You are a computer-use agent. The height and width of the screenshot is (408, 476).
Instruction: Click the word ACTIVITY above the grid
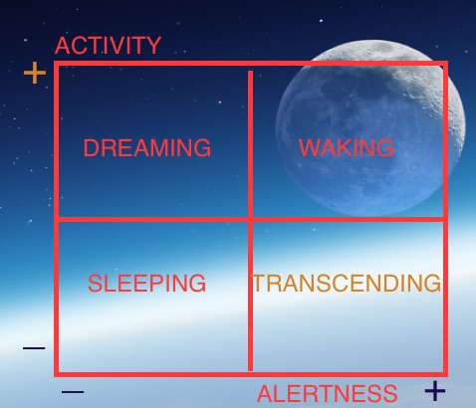108,46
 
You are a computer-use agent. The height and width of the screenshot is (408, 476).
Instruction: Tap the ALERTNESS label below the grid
327,393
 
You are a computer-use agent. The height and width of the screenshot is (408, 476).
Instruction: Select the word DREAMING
147,147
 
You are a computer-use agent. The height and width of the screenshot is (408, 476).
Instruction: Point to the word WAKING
347,147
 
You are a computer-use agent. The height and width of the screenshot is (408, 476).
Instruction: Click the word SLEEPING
146,283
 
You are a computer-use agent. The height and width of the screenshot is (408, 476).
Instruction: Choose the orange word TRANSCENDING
347,283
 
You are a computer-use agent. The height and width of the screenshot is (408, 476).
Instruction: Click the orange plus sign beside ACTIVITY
35,73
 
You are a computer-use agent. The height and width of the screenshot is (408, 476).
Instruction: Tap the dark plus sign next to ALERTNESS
435,391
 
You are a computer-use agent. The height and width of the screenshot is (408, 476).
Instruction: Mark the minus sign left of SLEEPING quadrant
34,348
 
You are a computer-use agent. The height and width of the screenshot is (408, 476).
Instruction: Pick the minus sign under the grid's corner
73,392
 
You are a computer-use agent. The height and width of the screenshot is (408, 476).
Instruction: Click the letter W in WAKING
309,147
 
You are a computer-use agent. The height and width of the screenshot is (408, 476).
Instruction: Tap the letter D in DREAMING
91,147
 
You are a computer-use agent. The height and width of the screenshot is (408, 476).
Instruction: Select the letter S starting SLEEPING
95,283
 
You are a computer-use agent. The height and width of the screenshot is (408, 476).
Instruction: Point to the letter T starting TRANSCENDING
260,283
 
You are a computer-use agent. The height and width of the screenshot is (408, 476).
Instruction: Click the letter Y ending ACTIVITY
154,46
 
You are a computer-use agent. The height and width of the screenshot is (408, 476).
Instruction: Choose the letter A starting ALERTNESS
265,394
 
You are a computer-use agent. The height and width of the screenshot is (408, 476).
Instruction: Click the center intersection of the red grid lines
250,219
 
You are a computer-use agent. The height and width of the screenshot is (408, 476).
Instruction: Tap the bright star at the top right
321,21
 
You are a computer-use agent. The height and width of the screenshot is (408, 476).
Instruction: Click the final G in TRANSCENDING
432,283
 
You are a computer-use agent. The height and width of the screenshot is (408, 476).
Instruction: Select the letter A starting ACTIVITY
63,46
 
